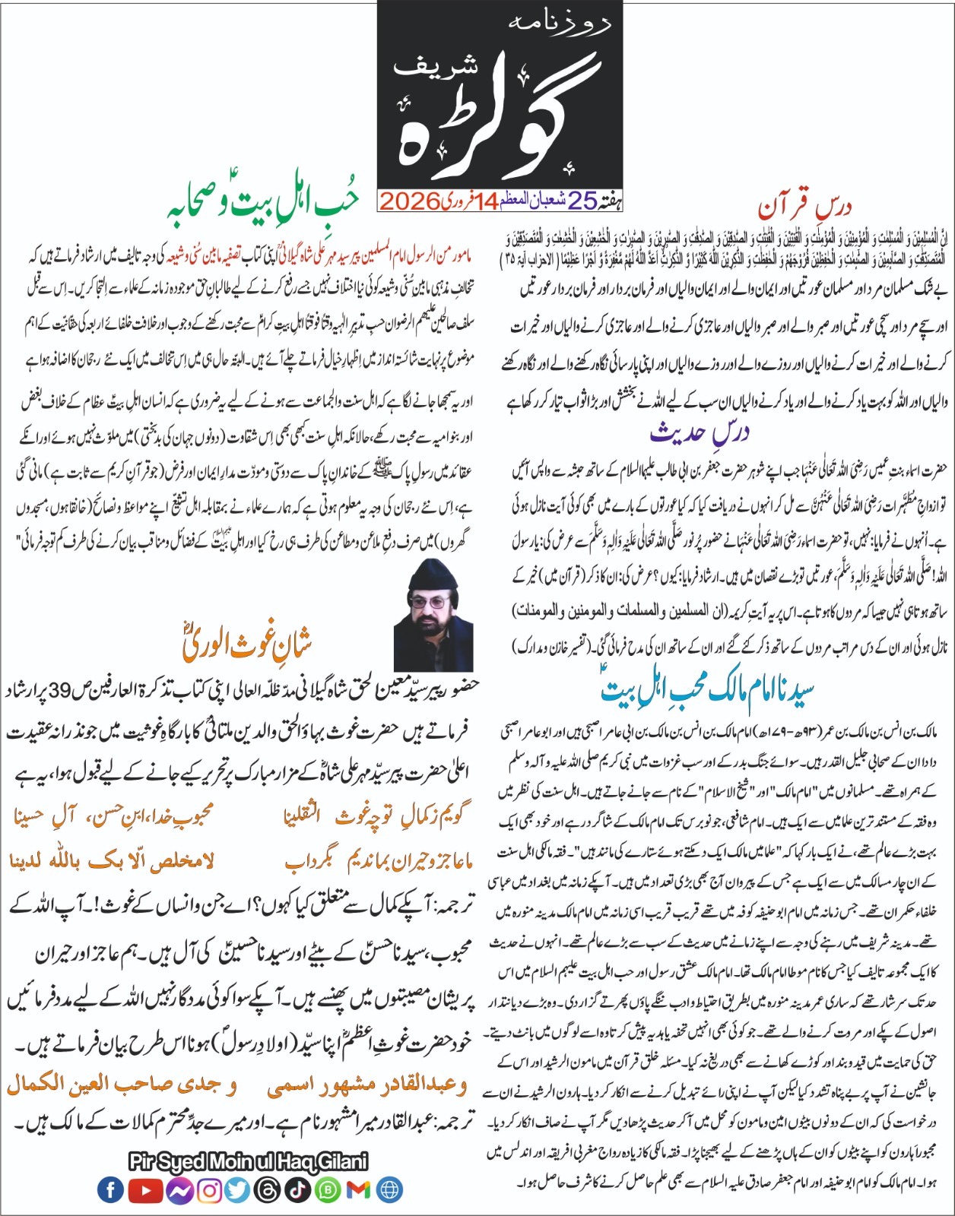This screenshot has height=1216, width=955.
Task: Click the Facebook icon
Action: point(111,1189)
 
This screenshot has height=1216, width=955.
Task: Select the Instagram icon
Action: point(209,1189)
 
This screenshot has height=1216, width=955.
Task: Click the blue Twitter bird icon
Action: point(238,1189)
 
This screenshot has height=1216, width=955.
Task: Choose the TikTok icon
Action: point(297,1189)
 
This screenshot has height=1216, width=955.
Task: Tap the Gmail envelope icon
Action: point(357,1189)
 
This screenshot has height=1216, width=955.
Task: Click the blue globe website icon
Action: point(388,1189)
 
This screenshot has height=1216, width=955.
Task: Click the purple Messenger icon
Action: point(180,1189)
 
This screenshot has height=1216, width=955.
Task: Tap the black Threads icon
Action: point(268,1189)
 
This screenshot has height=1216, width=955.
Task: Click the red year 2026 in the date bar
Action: point(410,201)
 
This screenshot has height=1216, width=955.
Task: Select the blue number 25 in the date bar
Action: point(582,201)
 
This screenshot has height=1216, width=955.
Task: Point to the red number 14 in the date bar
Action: point(486,201)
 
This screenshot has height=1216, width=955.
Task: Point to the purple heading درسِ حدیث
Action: point(700,432)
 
